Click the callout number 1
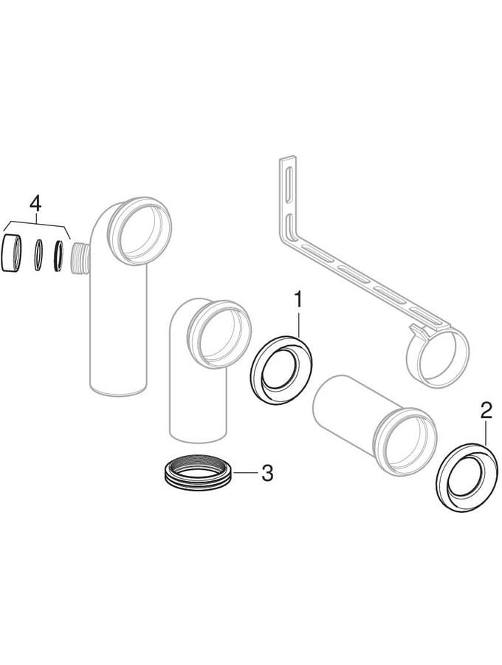(x=299, y=300)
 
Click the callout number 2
(x=485, y=411)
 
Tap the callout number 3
(x=267, y=472)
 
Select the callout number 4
(x=35, y=204)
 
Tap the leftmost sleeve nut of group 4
(x=11, y=253)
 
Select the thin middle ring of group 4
(x=38, y=254)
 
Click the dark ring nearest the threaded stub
(x=58, y=256)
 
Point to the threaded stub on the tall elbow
(x=80, y=259)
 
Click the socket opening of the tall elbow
(x=140, y=231)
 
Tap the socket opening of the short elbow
(x=219, y=333)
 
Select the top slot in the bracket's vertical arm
(x=289, y=183)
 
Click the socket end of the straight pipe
(x=406, y=443)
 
